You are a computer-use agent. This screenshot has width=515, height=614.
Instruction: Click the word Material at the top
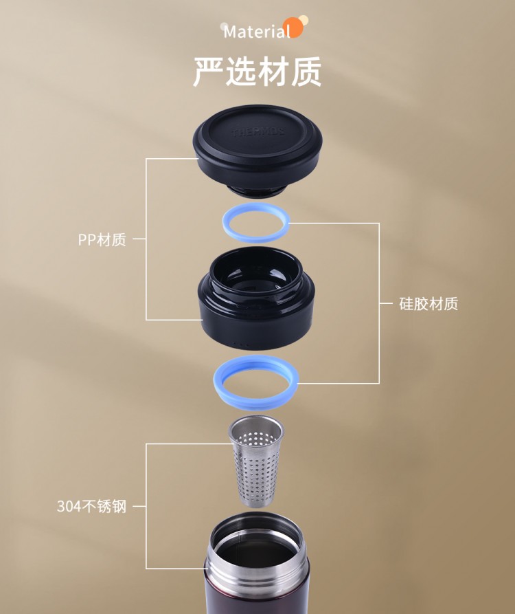coord(257,32)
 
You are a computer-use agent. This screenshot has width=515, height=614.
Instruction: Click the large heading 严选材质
coord(257,72)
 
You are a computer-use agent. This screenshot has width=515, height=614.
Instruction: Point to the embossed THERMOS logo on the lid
coord(258,132)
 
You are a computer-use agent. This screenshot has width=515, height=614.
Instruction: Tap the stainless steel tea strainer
coord(256,462)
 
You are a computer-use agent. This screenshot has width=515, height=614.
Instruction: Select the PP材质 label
coord(102,239)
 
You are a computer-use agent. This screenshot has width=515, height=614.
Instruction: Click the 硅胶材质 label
coord(428,303)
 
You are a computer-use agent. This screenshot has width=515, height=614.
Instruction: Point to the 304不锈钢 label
coord(92,506)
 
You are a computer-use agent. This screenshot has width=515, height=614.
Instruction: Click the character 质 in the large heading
coord(306,72)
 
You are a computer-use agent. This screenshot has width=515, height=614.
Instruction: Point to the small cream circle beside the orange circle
coord(304,19)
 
